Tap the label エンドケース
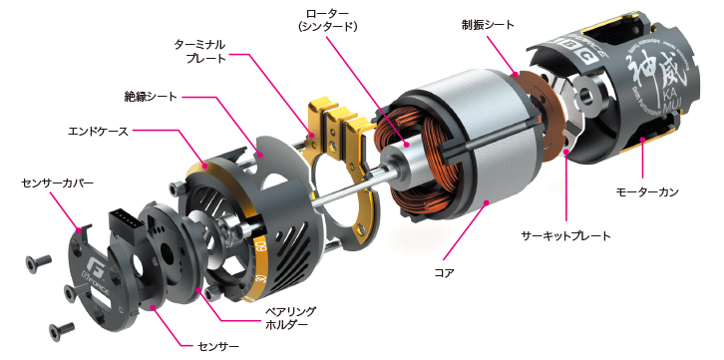pos(97,131)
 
